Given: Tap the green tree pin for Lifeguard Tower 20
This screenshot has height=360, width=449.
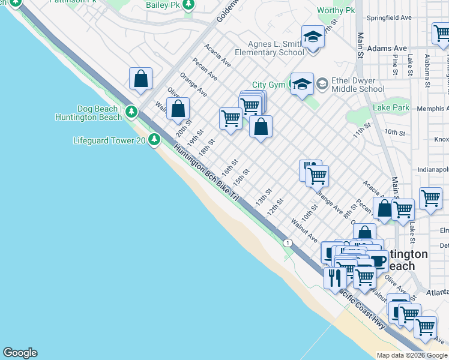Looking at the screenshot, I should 155,140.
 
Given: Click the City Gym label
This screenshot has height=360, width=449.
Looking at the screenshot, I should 268,85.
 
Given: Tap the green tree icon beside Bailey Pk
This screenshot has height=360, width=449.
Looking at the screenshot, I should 188,5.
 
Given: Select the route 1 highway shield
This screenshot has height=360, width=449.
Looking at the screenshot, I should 289,242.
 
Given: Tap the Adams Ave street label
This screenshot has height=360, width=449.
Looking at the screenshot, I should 387,48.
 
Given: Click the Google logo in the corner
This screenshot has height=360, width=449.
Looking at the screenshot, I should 20,353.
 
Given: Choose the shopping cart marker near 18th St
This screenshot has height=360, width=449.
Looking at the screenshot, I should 230,118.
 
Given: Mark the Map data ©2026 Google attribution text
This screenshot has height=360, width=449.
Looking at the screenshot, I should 412,355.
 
